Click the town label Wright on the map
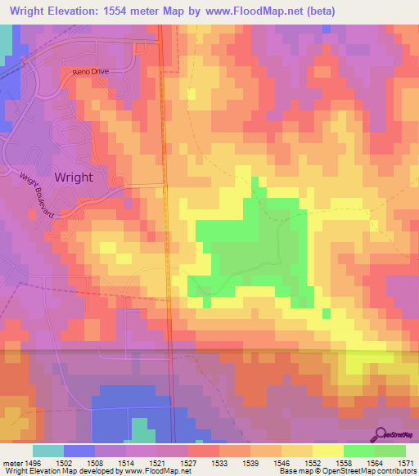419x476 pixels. [x=73, y=177]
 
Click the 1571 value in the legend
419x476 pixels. [x=406, y=463]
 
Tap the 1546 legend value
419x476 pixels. [x=282, y=463]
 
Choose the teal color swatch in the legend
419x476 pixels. [x=47, y=451]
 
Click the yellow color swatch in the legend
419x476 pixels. [x=327, y=451]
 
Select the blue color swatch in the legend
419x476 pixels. [x=79, y=451]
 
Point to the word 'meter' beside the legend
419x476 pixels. [x=11, y=463]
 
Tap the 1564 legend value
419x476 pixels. [x=375, y=463]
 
